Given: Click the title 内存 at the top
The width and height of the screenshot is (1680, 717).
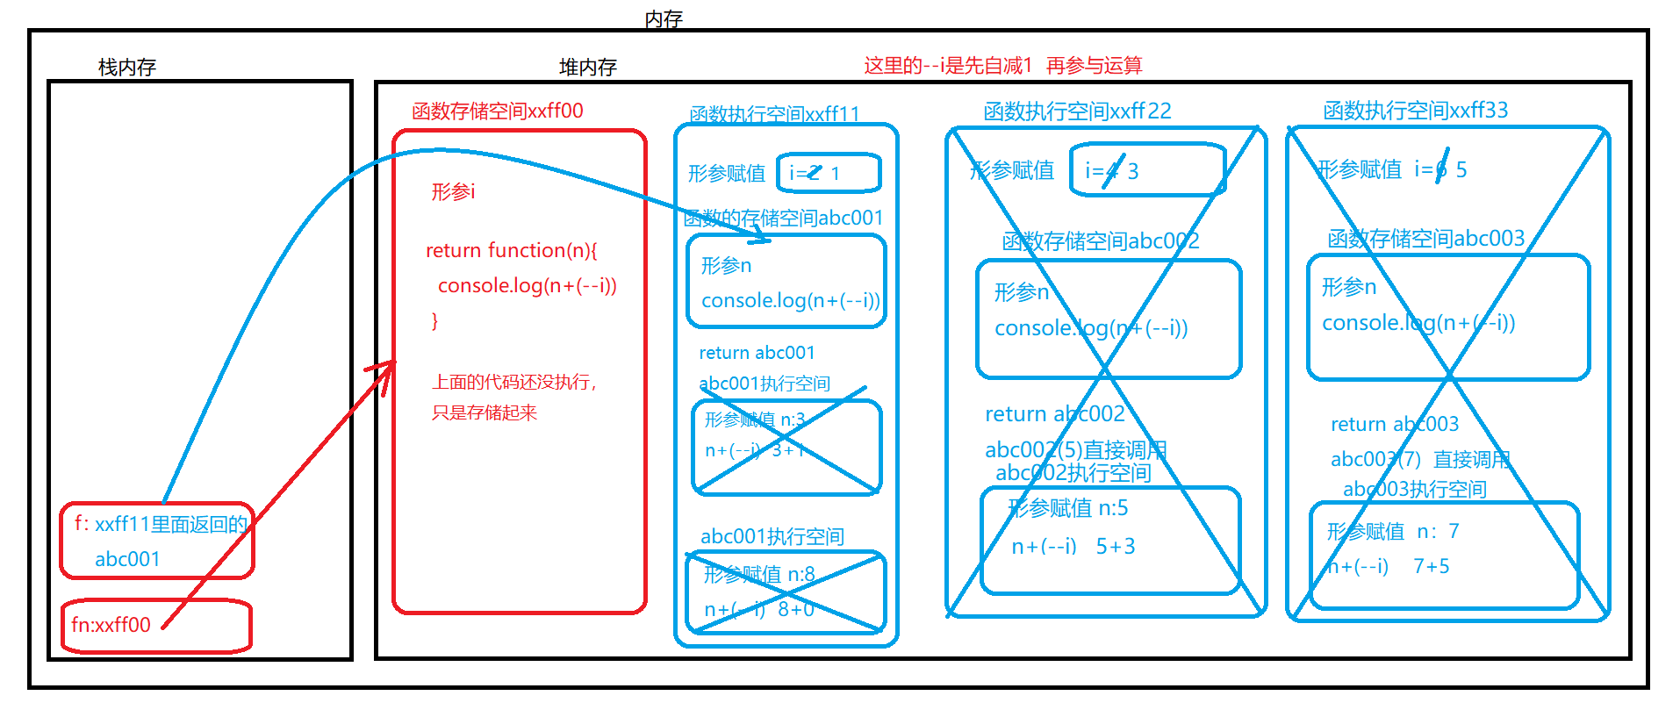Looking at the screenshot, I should [x=663, y=19].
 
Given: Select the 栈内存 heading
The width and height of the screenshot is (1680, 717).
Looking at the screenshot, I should [x=127, y=68].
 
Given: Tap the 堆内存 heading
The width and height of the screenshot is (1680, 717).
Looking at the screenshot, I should [x=587, y=68].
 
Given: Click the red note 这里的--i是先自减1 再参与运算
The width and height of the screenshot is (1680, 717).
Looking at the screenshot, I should [x=1002, y=66].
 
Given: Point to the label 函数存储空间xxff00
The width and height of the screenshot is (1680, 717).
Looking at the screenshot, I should [x=497, y=111].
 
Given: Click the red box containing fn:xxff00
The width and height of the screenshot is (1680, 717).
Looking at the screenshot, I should [x=156, y=626].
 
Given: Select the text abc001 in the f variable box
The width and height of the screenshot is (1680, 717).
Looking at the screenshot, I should [x=127, y=559].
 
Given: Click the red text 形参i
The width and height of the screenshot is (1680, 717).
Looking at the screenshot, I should [x=453, y=191].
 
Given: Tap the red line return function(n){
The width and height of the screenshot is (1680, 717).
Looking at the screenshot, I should [x=511, y=251].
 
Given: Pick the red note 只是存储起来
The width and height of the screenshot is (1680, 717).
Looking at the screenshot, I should [x=484, y=412].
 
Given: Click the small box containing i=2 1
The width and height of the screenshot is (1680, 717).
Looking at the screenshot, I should [x=829, y=173].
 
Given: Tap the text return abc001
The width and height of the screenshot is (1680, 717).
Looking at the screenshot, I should [x=757, y=353].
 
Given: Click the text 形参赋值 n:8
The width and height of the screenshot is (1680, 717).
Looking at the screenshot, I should [x=758, y=575].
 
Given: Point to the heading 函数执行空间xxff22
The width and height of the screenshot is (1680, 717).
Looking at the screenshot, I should [x=1077, y=111].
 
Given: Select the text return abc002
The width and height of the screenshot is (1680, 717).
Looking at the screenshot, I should [x=1054, y=414].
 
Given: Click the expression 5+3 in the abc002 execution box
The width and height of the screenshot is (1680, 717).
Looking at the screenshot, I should [x=1115, y=547].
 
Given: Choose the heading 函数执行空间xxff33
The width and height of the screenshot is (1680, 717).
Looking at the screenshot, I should [x=1415, y=111].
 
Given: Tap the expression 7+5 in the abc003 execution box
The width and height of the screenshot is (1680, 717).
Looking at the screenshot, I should [x=1431, y=567].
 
